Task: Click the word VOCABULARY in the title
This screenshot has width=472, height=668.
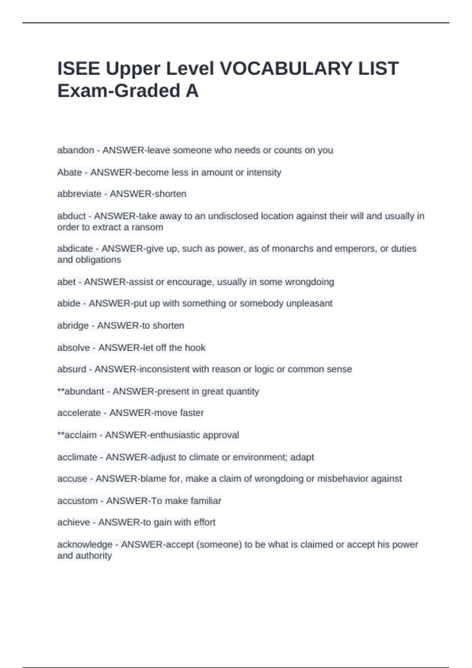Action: pyautogui.click(x=286, y=69)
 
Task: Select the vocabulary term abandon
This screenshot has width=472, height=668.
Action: pyautogui.click(x=76, y=150)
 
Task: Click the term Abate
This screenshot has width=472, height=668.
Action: pyautogui.click(x=70, y=173)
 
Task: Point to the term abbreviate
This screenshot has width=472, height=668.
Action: pyautogui.click(x=79, y=194)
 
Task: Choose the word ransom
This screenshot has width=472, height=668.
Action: pyautogui.click(x=147, y=228)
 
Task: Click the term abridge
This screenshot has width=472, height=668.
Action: pyautogui.click(x=73, y=326)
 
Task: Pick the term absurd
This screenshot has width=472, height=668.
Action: pyautogui.click(x=72, y=369)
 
